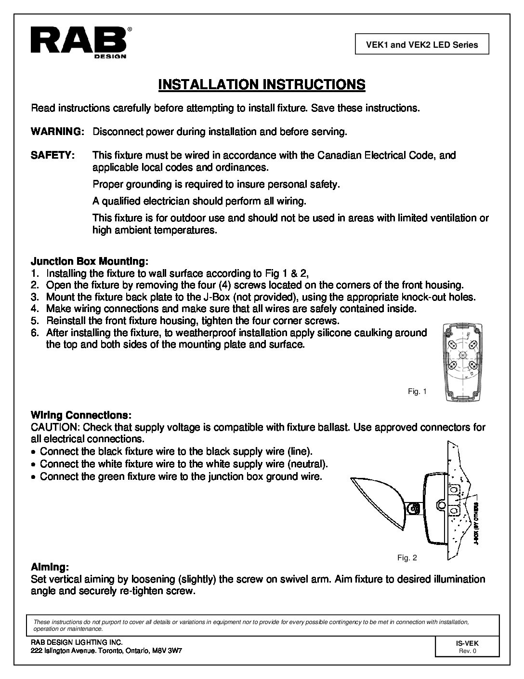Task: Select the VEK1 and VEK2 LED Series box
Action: coord(421,45)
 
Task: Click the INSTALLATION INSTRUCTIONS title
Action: coord(262,85)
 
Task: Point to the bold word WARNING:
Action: coord(58,132)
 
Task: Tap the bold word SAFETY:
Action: coord(53,155)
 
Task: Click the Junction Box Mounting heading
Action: coord(90,261)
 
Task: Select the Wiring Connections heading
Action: coord(81,415)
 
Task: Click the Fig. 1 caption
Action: coord(417,392)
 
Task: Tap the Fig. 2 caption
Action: coord(407,558)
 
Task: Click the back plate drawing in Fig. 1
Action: coord(461,361)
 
